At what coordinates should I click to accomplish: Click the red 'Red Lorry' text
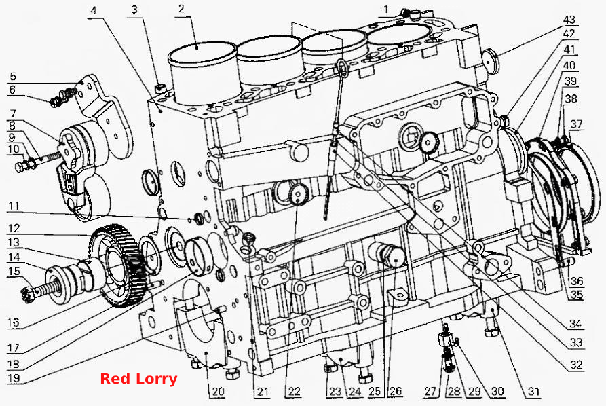(138, 379)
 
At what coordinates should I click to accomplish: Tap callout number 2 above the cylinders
(182, 8)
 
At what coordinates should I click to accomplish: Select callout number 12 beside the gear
(14, 229)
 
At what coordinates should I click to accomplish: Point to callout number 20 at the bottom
(218, 391)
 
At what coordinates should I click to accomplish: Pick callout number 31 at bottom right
(534, 391)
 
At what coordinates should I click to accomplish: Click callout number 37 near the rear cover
(576, 124)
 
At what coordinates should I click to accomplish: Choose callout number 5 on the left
(13, 76)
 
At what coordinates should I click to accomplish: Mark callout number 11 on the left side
(14, 206)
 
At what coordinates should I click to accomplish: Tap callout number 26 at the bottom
(396, 391)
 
